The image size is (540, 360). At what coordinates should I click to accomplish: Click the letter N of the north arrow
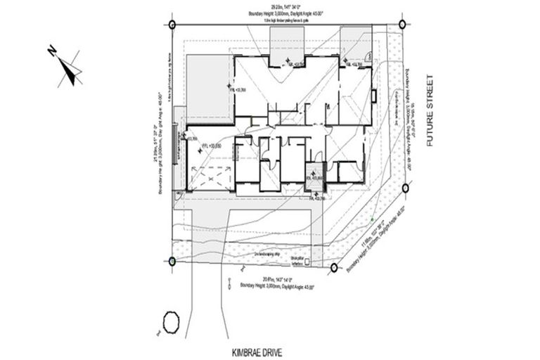pos(52,51)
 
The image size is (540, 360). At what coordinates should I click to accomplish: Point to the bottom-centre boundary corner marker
pos(334,267)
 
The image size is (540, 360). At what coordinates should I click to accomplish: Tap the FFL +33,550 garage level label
pos(212,145)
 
